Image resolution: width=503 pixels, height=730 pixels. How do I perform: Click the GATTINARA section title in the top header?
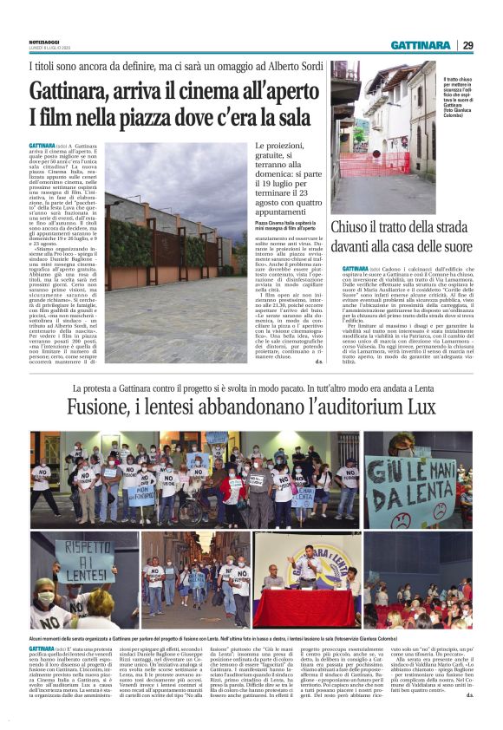[420, 46]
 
